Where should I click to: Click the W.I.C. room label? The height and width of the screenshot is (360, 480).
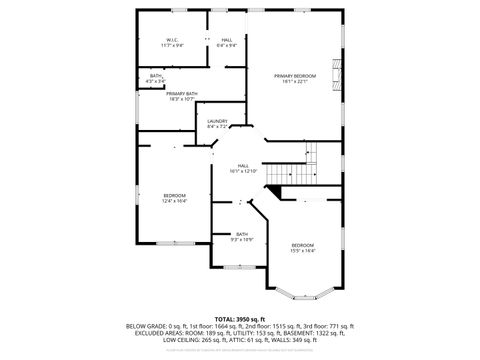coord(172,40)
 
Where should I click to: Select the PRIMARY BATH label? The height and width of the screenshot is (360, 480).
coord(168,93)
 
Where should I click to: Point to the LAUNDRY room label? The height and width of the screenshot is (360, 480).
coord(217,122)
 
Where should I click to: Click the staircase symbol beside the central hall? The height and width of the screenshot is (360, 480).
coord(300,166)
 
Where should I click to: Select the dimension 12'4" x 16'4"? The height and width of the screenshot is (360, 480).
coord(175,201)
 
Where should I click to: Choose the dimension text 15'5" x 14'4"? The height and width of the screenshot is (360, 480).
coord(303,251)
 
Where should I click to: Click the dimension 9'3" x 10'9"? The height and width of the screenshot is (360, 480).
coord(242,240)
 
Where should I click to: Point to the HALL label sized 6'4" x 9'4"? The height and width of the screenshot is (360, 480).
coord(227,40)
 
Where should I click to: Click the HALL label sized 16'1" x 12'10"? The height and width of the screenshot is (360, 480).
coord(244,165)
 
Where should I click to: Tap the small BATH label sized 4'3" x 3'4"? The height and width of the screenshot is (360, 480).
coord(156,76)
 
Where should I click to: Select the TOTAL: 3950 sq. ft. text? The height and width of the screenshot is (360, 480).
coord(240,317)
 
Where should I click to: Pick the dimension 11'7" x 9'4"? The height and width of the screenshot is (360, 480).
coord(172,46)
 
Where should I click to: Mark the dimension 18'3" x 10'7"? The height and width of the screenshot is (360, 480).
coord(168,99)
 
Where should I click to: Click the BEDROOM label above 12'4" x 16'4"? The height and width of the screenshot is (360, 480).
coord(175,195)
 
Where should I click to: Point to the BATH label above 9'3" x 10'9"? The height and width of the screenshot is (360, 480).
coord(242,234)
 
